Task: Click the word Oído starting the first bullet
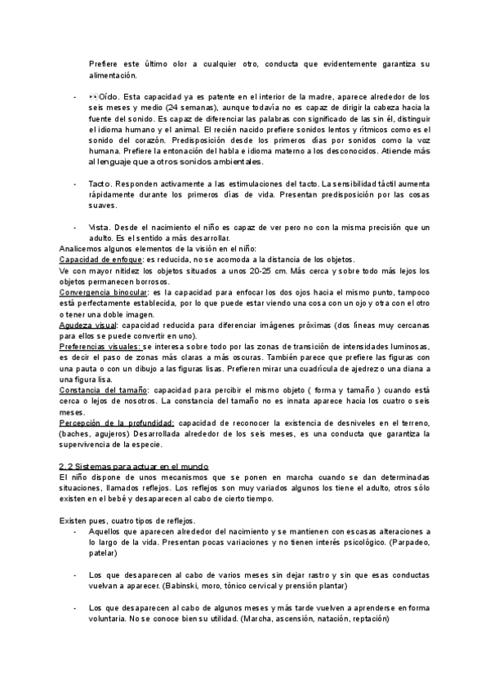click(x=109, y=97)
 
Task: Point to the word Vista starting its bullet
click(x=99, y=227)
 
